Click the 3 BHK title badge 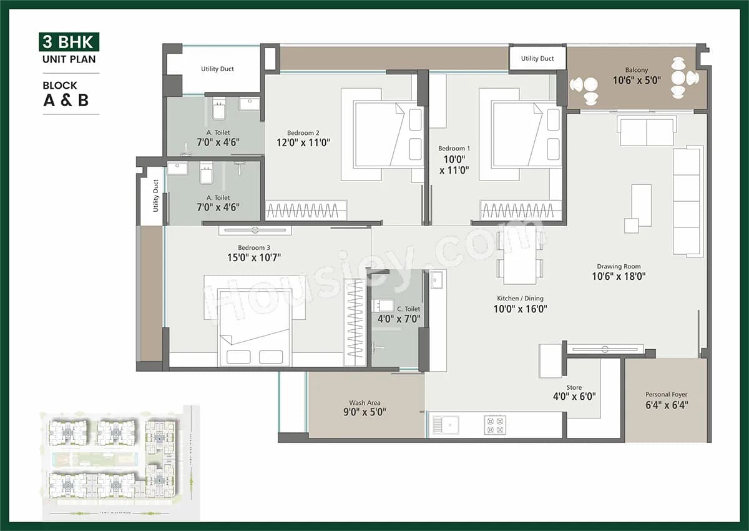[x=68, y=42]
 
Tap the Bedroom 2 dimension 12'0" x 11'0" [x=303, y=142]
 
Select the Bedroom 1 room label [x=454, y=148]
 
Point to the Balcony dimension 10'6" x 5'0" [x=636, y=81]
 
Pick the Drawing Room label [x=618, y=267]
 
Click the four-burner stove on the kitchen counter [x=495, y=425]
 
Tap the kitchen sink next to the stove [x=449, y=425]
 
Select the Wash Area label [x=365, y=403]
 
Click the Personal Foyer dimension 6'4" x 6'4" [x=667, y=405]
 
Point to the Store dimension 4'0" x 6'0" [x=574, y=397]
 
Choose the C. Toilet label [x=409, y=309]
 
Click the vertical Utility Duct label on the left [x=155, y=195]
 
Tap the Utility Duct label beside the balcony [x=537, y=59]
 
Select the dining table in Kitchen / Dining [x=520, y=262]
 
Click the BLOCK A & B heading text [x=66, y=94]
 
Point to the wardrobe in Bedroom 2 [x=306, y=211]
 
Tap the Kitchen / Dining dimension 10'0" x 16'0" [x=521, y=309]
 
